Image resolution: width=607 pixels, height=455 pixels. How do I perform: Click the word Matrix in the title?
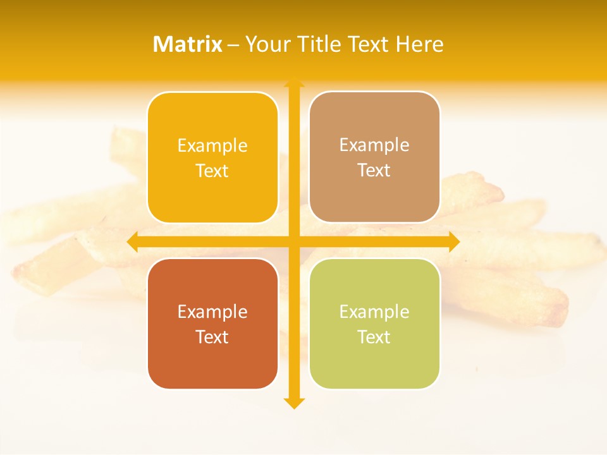pos(188,44)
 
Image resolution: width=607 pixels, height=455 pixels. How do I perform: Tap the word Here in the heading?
pos(419,44)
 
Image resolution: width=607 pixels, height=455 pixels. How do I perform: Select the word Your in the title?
pos(267,44)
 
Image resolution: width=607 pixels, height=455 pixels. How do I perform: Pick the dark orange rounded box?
pos(212,367)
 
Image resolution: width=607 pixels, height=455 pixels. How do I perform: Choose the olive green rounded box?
pos(374,367)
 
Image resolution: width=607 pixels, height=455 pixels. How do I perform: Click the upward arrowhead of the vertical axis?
pos(294,83)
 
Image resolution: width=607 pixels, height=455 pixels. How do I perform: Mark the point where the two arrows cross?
pos(294,241)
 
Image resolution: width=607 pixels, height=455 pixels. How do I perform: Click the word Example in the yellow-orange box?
pos(212,146)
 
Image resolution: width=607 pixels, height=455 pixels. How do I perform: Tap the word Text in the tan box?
pos(374,171)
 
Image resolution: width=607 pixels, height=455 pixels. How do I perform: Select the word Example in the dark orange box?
pos(212,312)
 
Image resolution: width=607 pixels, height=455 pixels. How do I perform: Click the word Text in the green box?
pos(374,337)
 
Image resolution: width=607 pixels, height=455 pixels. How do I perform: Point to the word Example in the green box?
pos(374,312)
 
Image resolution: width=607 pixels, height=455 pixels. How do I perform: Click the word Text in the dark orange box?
pos(212,337)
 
